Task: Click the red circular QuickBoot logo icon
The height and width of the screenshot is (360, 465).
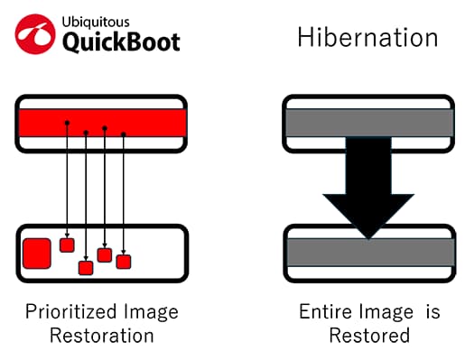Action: (x=35, y=33)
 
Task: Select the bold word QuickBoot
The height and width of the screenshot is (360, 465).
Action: (x=122, y=42)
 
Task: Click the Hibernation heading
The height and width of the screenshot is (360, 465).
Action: (x=367, y=38)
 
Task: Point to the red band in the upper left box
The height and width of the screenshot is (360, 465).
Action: (x=101, y=122)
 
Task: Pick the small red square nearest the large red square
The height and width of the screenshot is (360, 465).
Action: (x=66, y=245)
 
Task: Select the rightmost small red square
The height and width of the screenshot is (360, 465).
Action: (x=124, y=261)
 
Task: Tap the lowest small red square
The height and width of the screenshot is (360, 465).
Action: (x=86, y=267)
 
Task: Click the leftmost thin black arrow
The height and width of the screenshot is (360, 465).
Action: (x=66, y=180)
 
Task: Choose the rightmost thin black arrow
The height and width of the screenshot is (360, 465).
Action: (x=123, y=194)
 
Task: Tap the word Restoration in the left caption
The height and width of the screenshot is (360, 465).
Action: (x=101, y=336)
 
